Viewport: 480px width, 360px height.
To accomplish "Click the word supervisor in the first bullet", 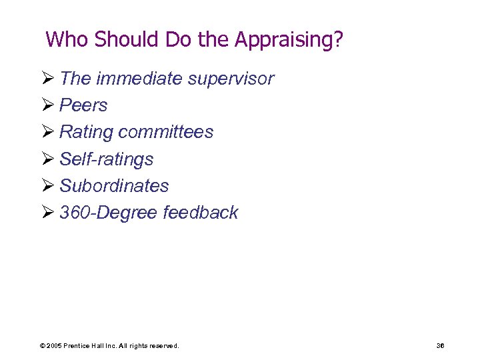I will click(x=231, y=79).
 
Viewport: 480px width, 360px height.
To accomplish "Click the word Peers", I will click(x=83, y=105).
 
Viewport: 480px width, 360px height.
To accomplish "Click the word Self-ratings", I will click(x=107, y=159).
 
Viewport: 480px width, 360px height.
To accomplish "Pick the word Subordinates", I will click(x=114, y=186).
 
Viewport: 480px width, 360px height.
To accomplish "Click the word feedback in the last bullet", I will click(x=200, y=213).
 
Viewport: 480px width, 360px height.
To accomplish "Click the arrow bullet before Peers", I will click(x=49, y=105).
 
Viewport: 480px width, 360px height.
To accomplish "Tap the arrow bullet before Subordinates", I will click(x=49, y=186).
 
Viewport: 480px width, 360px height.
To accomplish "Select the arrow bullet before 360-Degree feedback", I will click(x=49, y=213).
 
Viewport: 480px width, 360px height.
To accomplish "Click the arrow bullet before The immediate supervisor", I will click(x=49, y=79).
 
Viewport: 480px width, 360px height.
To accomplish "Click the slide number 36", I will click(x=440, y=346).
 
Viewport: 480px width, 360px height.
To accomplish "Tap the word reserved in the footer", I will click(x=163, y=346).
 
